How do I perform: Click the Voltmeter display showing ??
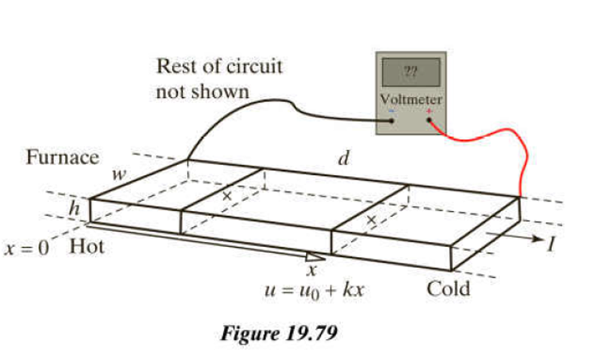click(410, 73)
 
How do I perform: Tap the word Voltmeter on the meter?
click(410, 99)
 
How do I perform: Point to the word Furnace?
click(63, 157)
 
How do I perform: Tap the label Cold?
click(449, 288)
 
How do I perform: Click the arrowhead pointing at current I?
click(537, 240)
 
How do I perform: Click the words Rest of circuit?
click(218, 66)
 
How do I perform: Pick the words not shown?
click(201, 92)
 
